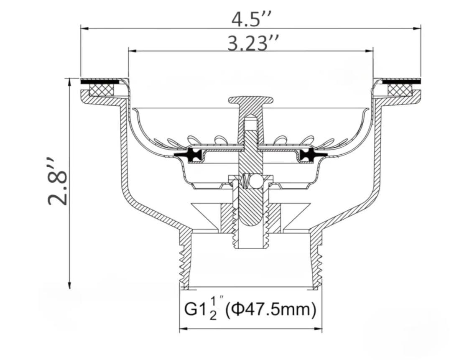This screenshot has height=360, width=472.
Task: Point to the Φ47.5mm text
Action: click(x=270, y=310)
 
